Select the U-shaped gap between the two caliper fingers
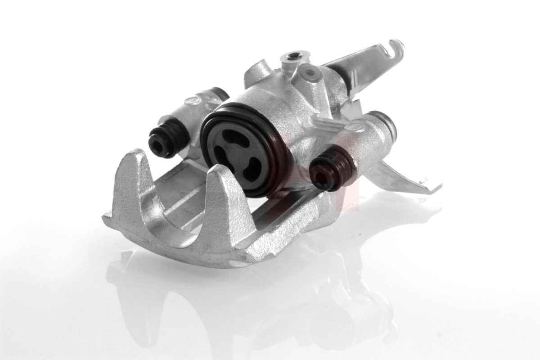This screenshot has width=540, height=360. (184, 207)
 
